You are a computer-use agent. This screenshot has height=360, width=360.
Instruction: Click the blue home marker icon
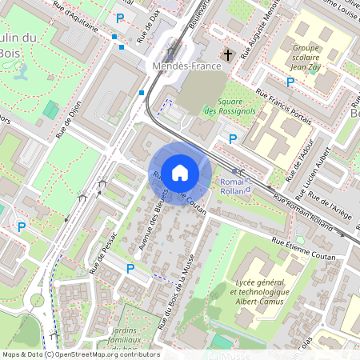click(x=180, y=172)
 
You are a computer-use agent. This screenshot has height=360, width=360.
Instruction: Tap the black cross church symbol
click(x=228, y=55)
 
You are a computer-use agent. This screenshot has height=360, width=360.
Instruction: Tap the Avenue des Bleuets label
click(x=154, y=220)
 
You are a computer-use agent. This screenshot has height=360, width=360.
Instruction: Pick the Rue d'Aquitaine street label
click(x=79, y=18)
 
